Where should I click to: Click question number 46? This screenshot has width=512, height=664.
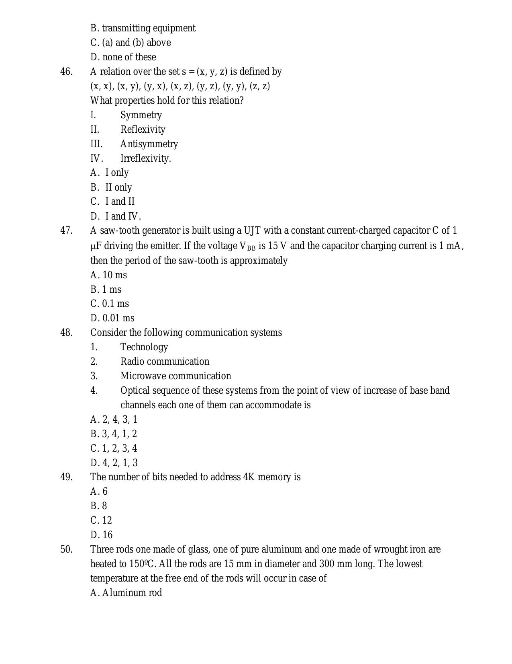click(x=66, y=72)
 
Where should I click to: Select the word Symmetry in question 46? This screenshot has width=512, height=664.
click(x=141, y=115)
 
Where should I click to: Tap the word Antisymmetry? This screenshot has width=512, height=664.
click(x=149, y=144)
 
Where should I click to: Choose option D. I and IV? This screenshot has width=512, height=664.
click(x=116, y=216)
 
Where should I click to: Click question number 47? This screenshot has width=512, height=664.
click(x=66, y=230)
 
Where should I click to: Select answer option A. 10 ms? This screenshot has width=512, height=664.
click(x=108, y=275)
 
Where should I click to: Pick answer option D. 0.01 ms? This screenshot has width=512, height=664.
click(x=112, y=318)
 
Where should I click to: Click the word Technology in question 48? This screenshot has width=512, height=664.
click(x=144, y=347)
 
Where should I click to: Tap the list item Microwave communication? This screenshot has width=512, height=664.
click(x=175, y=376)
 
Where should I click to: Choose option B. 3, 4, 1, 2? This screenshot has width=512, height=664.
click(x=114, y=434)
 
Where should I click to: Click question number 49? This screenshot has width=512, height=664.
click(x=66, y=477)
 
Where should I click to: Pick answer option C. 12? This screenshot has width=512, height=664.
click(x=101, y=520)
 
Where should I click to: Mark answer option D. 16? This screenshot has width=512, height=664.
click(x=102, y=535)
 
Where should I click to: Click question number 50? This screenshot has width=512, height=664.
click(x=66, y=549)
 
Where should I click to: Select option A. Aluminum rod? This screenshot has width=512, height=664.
click(x=126, y=593)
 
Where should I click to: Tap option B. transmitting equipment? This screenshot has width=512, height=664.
click(x=143, y=28)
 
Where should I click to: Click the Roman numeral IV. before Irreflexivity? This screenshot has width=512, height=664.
click(x=96, y=158)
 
